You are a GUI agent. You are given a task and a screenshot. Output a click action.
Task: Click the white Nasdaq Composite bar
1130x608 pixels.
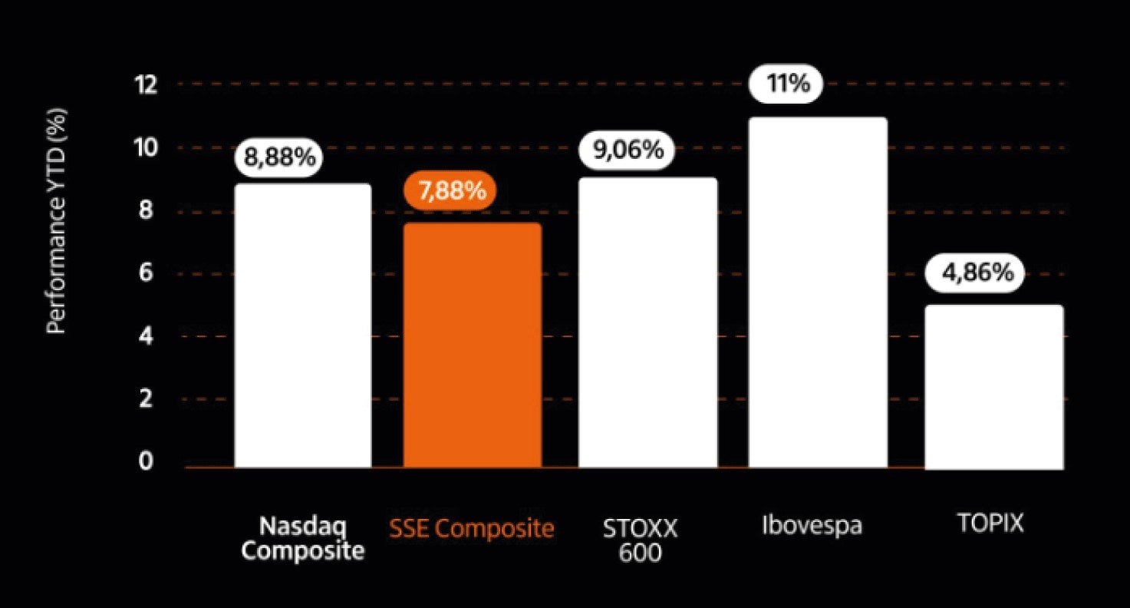(x=303, y=325)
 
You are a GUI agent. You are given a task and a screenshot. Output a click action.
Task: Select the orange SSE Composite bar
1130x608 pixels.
(x=473, y=345)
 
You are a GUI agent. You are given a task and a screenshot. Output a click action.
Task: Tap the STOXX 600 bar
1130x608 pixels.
(x=647, y=322)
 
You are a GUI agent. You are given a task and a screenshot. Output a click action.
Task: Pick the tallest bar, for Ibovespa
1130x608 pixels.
(x=818, y=292)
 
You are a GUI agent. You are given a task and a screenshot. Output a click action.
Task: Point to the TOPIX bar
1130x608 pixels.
(x=994, y=387)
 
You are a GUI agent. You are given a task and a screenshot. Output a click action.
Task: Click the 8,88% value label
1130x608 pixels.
(x=280, y=157)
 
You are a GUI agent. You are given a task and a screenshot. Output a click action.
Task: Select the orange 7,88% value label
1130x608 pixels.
(x=451, y=190)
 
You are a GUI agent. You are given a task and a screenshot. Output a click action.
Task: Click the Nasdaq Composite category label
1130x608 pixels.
(x=303, y=539)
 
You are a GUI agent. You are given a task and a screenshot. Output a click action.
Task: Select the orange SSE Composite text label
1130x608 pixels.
(x=472, y=528)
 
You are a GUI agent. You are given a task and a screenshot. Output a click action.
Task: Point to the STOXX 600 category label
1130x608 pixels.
(x=640, y=540)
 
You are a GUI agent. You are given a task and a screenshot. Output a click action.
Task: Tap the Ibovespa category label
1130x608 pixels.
(x=812, y=526)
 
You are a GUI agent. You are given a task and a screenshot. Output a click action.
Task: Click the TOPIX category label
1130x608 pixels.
(x=990, y=524)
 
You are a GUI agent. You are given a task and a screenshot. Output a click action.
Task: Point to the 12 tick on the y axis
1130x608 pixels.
(x=146, y=84)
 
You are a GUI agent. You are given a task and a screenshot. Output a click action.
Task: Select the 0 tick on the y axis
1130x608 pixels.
(x=146, y=462)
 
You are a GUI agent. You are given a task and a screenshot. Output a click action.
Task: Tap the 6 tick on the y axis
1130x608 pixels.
(x=146, y=273)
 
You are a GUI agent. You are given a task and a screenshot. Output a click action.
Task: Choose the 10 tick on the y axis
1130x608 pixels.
(x=146, y=147)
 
